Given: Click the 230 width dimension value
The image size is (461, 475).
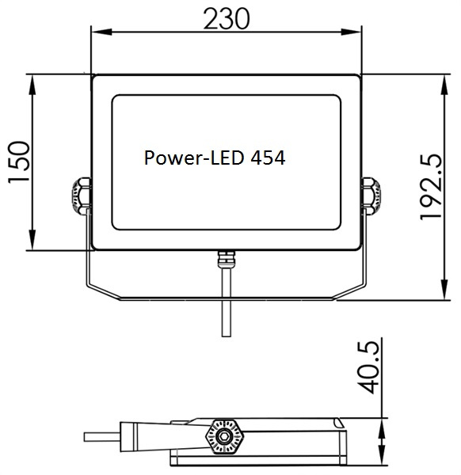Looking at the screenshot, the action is (x=227, y=19).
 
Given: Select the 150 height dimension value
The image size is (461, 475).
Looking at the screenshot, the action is (x=19, y=162).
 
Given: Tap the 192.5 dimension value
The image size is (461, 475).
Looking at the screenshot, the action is (x=432, y=187).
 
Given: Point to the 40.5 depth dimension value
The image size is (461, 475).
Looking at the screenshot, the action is (x=368, y=367).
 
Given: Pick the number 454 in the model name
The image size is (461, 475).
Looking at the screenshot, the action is (x=268, y=158).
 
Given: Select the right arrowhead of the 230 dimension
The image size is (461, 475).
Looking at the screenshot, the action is (x=351, y=32).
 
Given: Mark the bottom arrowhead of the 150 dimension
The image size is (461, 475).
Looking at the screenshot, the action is (x=32, y=240).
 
